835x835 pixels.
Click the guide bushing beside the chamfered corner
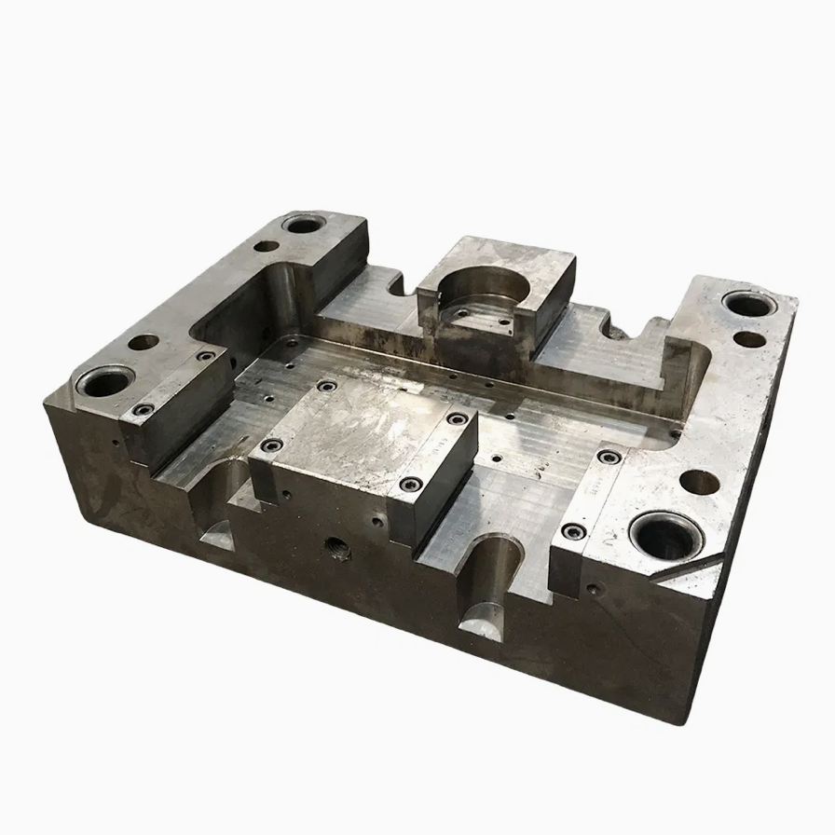coord(664,536)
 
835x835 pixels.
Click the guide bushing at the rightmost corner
coord(748,306)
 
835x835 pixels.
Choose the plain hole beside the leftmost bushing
coord(143,342)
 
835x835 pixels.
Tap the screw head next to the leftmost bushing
coord(142,409)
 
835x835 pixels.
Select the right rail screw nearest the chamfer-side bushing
coord(573,531)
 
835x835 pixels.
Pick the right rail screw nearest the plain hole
coord(610,457)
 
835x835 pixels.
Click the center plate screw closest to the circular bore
coord(326,385)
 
